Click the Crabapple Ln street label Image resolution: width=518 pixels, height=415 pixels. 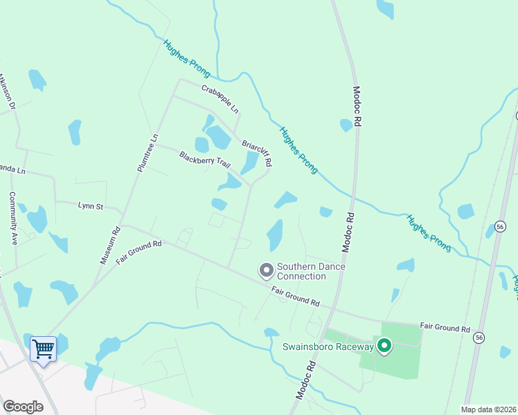pyautogui.click(x=220, y=100)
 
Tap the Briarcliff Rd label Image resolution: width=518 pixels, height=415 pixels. pyautogui.click(x=257, y=154)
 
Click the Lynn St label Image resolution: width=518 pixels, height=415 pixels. pyautogui.click(x=90, y=205)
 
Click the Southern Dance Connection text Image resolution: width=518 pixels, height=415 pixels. pyautogui.click(x=311, y=271)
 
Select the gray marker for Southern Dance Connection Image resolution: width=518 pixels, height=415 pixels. pyautogui.click(x=265, y=270)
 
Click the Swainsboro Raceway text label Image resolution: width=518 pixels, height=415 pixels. pyautogui.click(x=328, y=347)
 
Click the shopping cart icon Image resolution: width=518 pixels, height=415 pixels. pyautogui.click(x=43, y=349)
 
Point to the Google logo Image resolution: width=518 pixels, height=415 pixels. pyautogui.click(x=23, y=407)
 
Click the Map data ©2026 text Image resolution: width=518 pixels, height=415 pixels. pyautogui.click(x=489, y=409)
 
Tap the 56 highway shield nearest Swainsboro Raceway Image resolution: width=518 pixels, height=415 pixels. pyautogui.click(x=479, y=336)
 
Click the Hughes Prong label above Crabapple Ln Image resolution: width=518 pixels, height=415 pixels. pyautogui.click(x=187, y=58)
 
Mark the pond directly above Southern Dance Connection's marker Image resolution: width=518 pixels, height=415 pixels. pyautogui.click(x=275, y=235)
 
